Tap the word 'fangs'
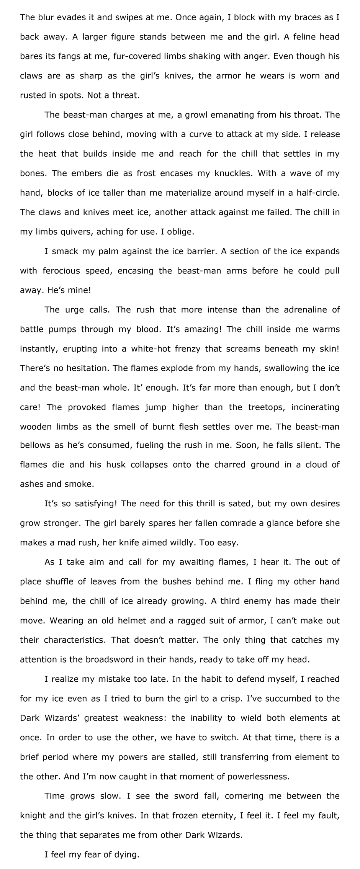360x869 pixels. click(69, 56)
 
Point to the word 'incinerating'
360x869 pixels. click(315, 407)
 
